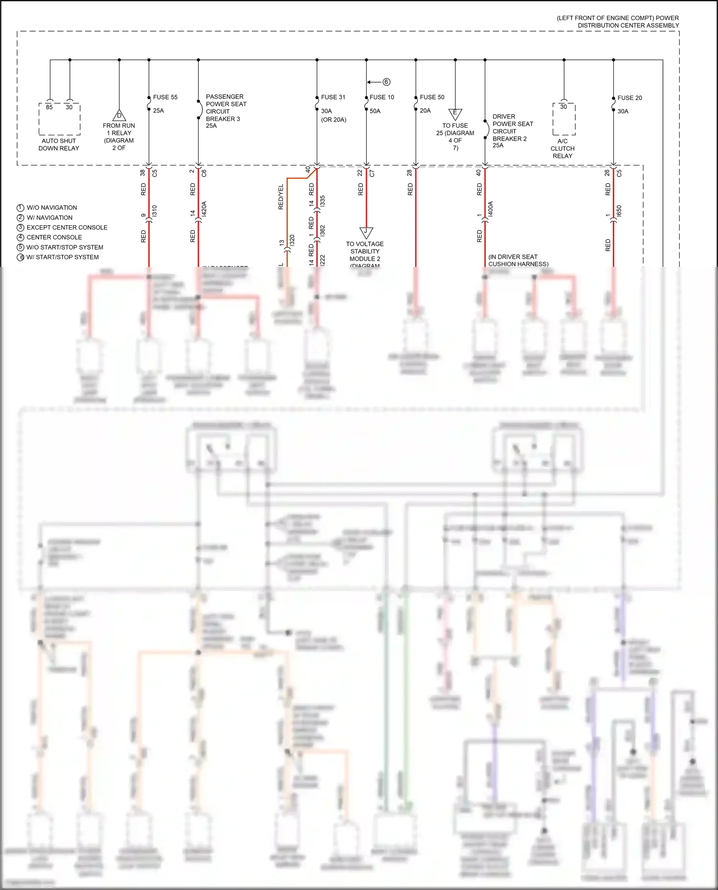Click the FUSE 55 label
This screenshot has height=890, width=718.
pos(165,97)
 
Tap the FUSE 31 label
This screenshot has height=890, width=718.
pos(333,97)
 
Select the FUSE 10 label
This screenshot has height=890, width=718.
pos(381,97)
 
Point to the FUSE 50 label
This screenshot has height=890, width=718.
pos(432,97)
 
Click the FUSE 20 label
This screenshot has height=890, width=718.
pos(629,98)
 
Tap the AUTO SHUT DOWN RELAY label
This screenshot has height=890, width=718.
pos(59,144)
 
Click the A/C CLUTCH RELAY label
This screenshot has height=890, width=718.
pos(562,148)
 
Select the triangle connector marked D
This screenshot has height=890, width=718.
pos(119,115)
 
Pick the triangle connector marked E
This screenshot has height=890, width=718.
pos(455,113)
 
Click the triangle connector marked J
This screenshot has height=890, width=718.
pos(366,232)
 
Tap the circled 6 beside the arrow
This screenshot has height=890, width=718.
pos(386,82)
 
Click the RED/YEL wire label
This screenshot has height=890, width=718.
pos(281,197)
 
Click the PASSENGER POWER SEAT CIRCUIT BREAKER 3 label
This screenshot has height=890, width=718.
pos(226,111)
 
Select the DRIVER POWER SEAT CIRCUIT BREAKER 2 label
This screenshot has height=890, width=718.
pos(512,131)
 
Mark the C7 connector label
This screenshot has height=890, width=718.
pos(372,173)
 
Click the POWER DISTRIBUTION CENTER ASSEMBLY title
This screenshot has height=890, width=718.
pos(617,22)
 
